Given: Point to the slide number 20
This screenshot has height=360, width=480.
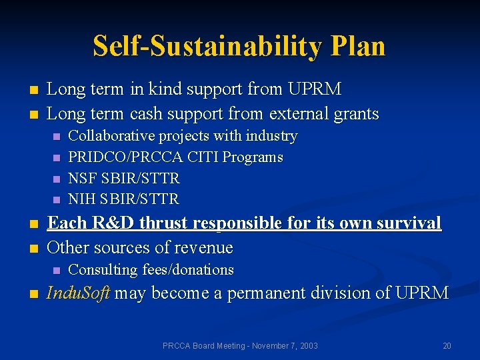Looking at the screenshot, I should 447,346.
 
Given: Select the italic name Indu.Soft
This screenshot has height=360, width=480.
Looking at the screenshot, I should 79,293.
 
